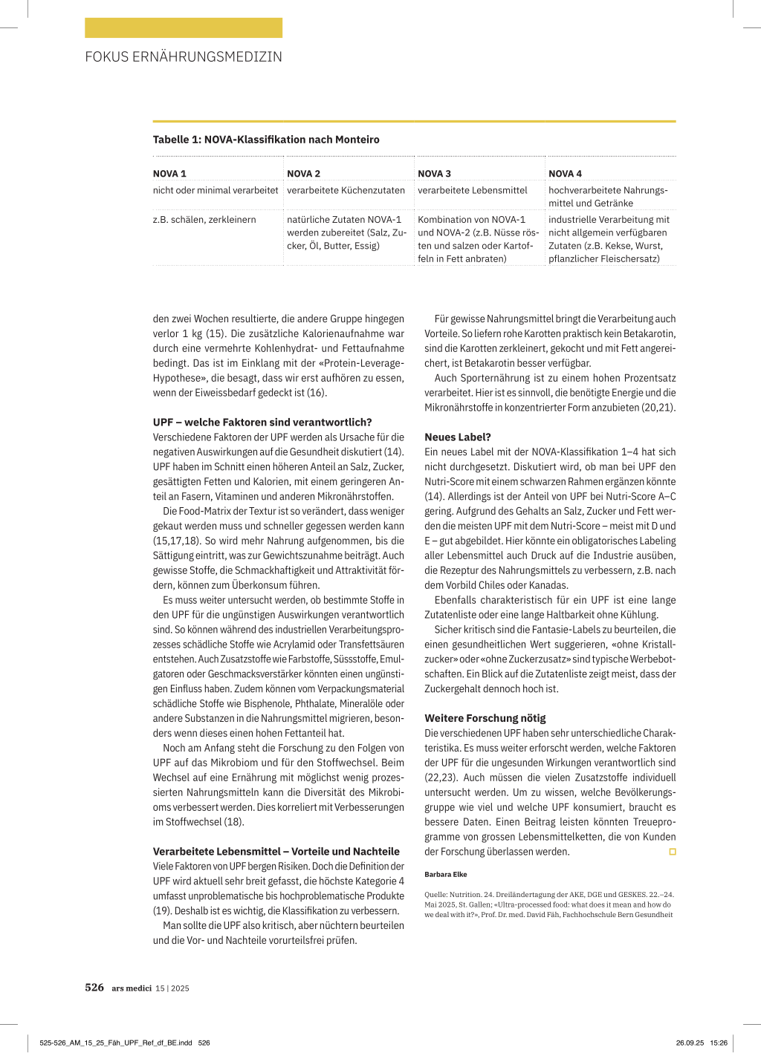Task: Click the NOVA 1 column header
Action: [x=169, y=174]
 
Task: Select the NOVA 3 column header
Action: [x=434, y=174]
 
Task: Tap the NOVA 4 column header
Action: [x=565, y=174]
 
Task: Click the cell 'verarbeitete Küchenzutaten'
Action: [x=346, y=190]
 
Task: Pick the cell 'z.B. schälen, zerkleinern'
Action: [x=204, y=220]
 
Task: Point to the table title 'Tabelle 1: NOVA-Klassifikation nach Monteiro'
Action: [x=266, y=140]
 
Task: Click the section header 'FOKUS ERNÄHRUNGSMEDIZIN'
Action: [x=184, y=57]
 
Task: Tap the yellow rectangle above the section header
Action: [x=184, y=28]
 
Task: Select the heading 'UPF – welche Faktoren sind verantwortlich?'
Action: [x=262, y=422]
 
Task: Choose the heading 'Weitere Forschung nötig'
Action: [x=485, y=718]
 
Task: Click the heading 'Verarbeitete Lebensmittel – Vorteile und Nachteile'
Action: [x=276, y=851]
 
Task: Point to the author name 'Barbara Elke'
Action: [x=446, y=874]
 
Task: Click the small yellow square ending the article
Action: [x=673, y=852]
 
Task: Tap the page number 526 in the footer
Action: [x=94, y=988]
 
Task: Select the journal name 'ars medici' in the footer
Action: [x=132, y=988]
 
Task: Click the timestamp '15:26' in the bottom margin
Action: [x=719, y=1043]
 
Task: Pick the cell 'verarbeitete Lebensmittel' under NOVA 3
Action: [x=473, y=190]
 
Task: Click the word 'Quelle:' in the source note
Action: [x=436, y=895]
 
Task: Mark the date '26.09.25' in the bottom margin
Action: [x=690, y=1043]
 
